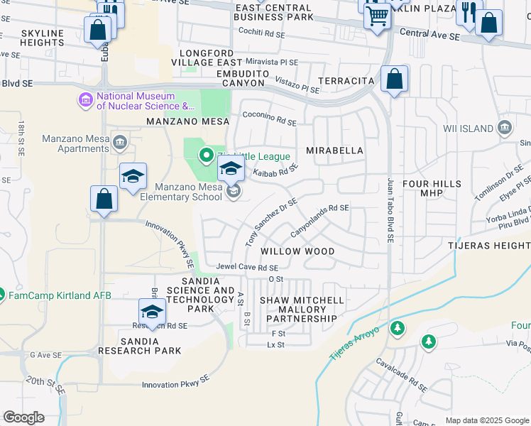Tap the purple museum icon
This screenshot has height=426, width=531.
coord(86,101)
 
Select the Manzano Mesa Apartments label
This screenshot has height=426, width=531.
coord(75,143)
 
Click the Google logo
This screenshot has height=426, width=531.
coord(23,417)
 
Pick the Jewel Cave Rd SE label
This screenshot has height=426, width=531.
coord(248,268)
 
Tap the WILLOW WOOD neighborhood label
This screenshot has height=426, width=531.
coord(297,251)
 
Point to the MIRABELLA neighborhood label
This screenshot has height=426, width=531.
coord(334,151)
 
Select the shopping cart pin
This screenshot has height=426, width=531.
coord(377,15)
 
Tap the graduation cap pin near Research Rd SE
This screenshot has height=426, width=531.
coord(152,312)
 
